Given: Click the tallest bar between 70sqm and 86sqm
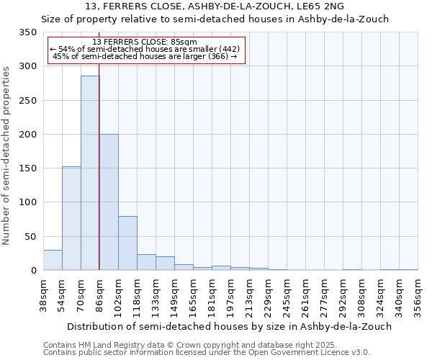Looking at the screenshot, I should click(x=90, y=173).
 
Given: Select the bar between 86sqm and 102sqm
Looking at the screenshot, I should click(x=109, y=202).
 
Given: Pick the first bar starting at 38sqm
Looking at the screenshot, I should click(x=53, y=260).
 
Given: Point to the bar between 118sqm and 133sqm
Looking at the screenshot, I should click(x=146, y=262).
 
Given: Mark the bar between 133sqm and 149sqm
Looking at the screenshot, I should click(x=165, y=264).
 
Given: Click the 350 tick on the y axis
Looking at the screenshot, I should click(x=28, y=32).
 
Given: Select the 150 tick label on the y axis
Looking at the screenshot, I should click(x=28, y=168).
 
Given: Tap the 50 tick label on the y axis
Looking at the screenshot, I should click(x=31, y=236).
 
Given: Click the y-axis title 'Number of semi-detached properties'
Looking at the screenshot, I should click(x=7, y=155).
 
